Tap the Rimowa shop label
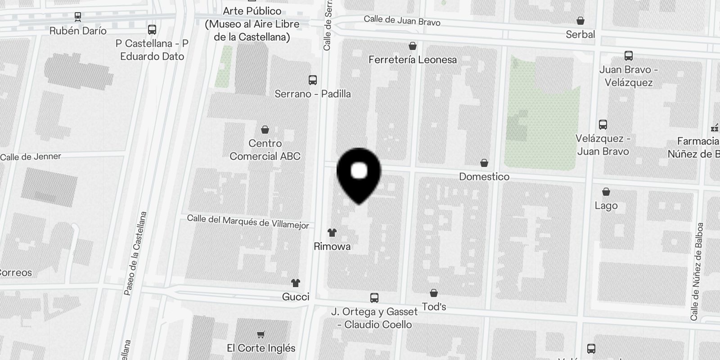tap(332, 246)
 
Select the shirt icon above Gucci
tap(295, 283)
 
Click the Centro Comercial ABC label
tap(265, 150)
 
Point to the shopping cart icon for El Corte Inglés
tap(261, 334)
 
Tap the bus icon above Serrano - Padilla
tap(312, 80)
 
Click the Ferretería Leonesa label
tap(412, 59)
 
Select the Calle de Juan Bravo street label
tap(402, 20)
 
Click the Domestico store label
tap(484, 176)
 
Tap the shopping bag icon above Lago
tap(606, 192)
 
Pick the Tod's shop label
tap(434, 306)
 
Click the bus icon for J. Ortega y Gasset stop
tap(374, 298)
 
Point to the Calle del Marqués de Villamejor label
tap(248, 221)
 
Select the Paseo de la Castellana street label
tap(136, 253)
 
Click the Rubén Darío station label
tap(78, 31)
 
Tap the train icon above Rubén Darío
tap(78, 17)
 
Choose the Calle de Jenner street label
tap(31, 157)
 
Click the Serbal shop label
tap(580, 34)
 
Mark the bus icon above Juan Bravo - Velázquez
tap(629, 56)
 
